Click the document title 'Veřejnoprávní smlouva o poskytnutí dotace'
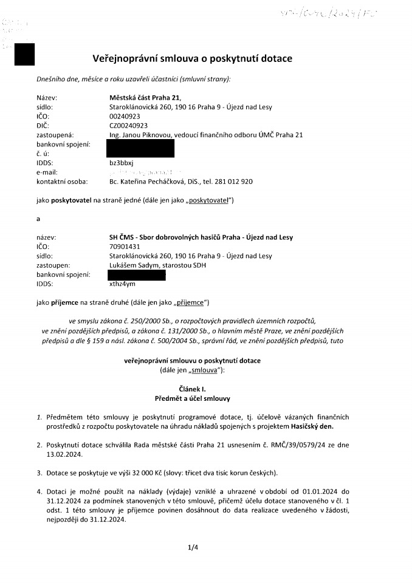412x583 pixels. click(192, 59)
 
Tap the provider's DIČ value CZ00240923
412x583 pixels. click(125, 125)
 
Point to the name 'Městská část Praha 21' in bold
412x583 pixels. click(140, 97)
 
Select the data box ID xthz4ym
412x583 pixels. click(114, 284)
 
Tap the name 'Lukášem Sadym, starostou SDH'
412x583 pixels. click(144, 265)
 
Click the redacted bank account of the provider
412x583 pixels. click(140, 148)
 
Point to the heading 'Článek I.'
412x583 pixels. click(192, 389)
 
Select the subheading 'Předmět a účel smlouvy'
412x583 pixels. click(192, 398)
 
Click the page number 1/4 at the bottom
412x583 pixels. click(193, 547)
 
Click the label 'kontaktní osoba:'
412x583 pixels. click(62, 182)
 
